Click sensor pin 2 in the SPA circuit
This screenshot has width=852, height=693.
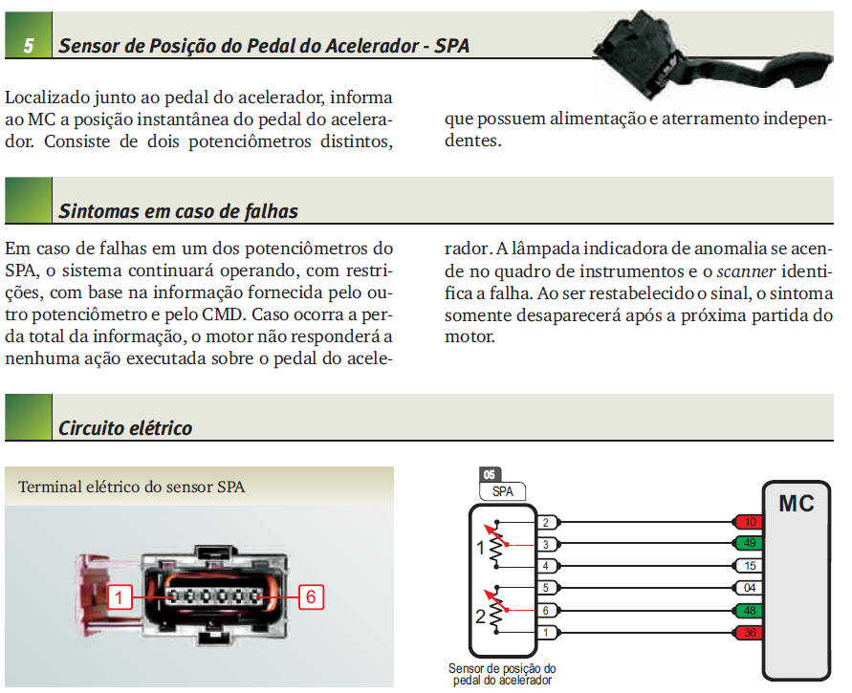click(x=545, y=522)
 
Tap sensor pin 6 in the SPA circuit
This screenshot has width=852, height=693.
click(x=545, y=610)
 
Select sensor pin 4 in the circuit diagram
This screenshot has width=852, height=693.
click(x=545, y=566)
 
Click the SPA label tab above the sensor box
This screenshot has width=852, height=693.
click(x=502, y=490)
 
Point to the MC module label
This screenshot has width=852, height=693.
click(x=796, y=503)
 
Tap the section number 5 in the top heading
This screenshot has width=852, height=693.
click(x=29, y=45)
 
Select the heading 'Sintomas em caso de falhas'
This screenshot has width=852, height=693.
click(x=178, y=211)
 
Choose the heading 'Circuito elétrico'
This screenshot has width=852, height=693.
click(x=125, y=427)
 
